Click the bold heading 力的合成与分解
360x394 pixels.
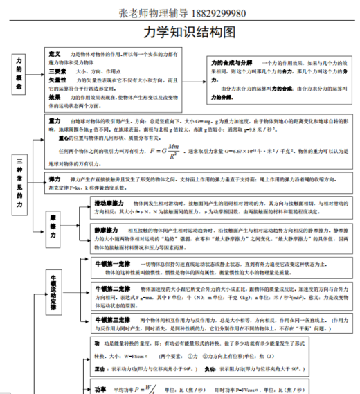click(232, 62)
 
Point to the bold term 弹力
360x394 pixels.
click(56, 179)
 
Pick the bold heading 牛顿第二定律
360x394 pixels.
click(111, 288)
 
